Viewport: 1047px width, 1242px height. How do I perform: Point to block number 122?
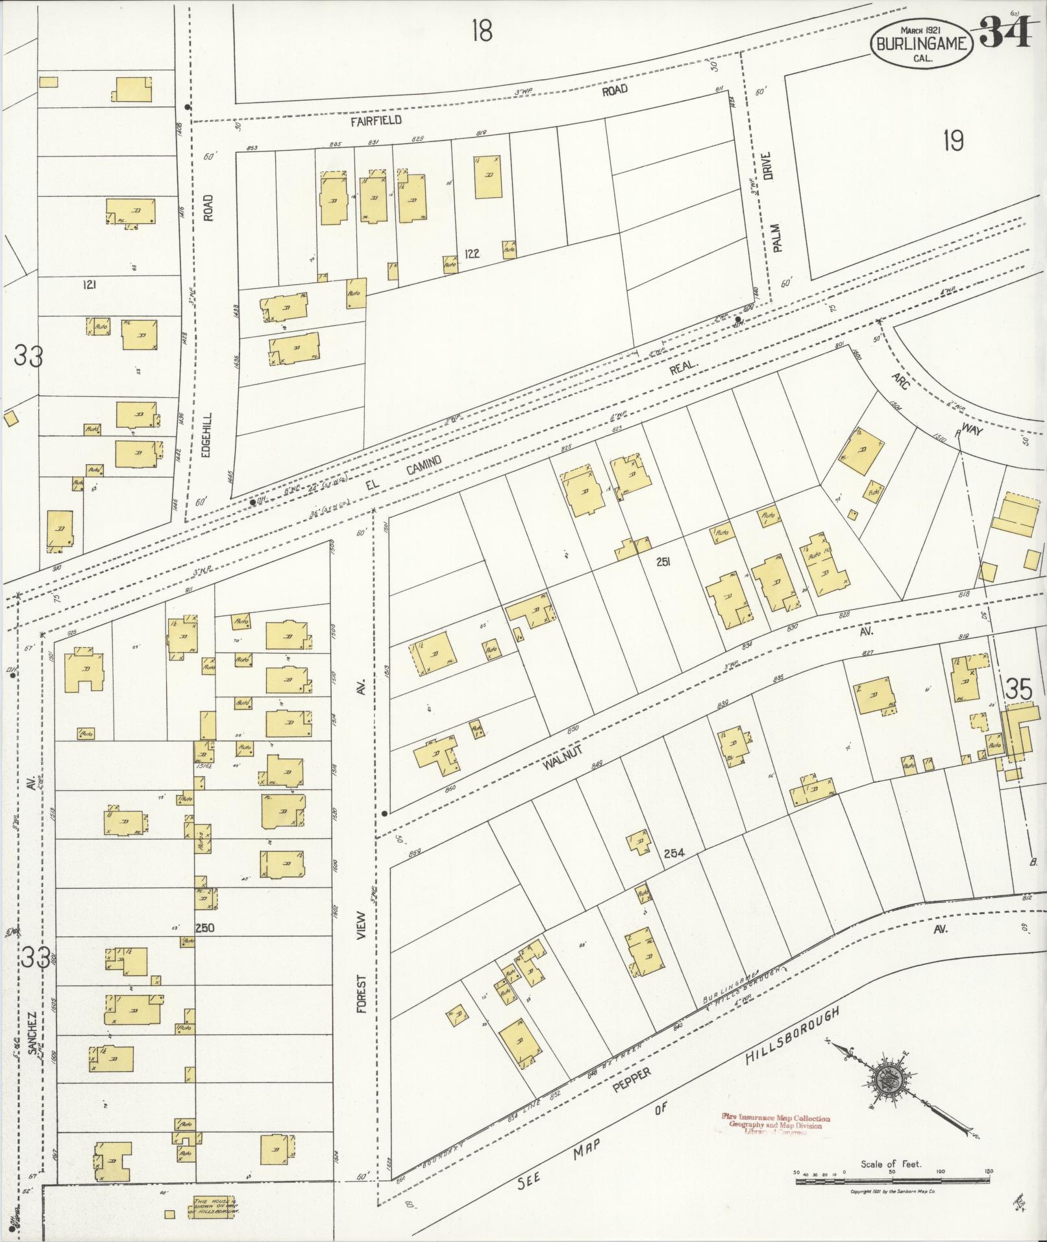[x=472, y=253]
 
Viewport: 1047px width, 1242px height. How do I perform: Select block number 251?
[x=663, y=562]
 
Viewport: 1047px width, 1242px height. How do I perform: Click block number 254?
[x=674, y=853]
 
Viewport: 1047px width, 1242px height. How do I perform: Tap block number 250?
[x=204, y=928]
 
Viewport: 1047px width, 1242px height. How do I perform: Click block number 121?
[x=90, y=284]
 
